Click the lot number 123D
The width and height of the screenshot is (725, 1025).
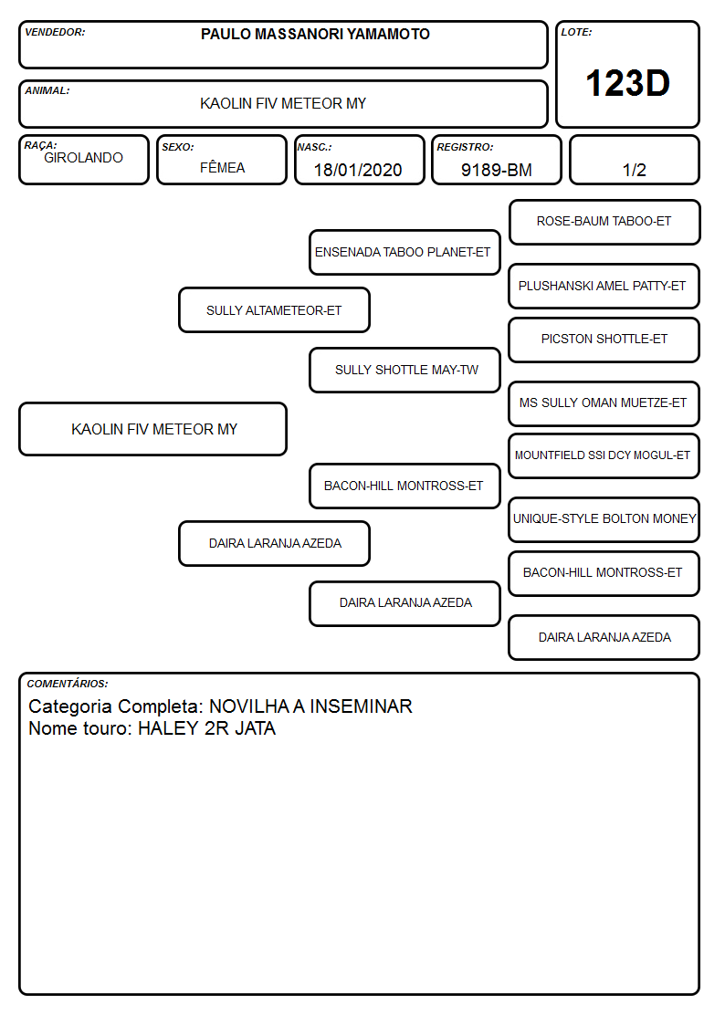(x=627, y=83)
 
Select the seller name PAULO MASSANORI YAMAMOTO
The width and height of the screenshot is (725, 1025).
(x=315, y=34)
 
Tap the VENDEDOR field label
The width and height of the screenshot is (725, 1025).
(x=55, y=32)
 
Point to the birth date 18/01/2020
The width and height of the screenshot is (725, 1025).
(x=358, y=170)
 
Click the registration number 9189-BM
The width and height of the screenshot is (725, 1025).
(x=496, y=170)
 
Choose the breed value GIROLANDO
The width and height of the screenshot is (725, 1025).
(x=83, y=158)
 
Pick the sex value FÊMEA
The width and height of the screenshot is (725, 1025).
(x=222, y=167)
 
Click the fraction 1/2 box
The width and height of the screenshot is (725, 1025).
(x=634, y=160)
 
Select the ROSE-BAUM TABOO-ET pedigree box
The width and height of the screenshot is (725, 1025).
(x=604, y=223)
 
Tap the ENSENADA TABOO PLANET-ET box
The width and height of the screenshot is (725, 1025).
(x=405, y=252)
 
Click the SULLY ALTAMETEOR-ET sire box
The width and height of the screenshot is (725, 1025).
(x=274, y=309)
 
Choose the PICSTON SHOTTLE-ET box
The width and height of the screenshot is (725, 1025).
(x=604, y=340)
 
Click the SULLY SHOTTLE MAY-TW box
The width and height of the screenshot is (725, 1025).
(x=405, y=370)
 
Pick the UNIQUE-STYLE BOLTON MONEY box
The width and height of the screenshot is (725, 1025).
(x=604, y=519)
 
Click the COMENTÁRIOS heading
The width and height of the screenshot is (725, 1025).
(x=68, y=684)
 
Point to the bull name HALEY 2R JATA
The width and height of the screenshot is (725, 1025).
(x=206, y=729)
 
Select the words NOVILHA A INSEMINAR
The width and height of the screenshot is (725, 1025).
(x=310, y=706)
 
